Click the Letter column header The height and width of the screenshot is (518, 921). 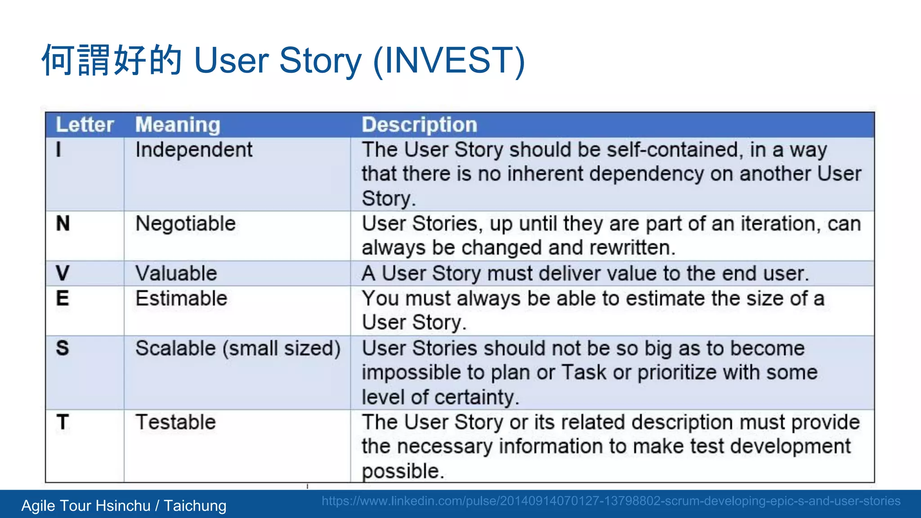[x=85, y=125]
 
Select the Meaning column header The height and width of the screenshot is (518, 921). [x=178, y=125]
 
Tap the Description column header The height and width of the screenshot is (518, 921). [x=419, y=125]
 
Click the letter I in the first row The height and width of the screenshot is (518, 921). [x=58, y=149]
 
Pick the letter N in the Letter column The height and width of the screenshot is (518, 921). [x=63, y=223]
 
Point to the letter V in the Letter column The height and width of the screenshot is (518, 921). [x=63, y=273]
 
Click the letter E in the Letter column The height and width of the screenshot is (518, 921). [x=63, y=298]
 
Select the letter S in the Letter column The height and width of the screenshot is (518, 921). [x=63, y=348]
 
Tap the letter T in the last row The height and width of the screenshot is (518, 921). [x=63, y=422]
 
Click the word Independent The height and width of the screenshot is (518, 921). [x=194, y=150]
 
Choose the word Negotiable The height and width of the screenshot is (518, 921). [x=185, y=223]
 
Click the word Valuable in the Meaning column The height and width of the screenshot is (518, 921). [x=176, y=273]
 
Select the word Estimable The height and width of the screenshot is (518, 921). [x=181, y=299]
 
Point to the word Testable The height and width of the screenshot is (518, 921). [x=175, y=422]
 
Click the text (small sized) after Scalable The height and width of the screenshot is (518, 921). [x=282, y=348]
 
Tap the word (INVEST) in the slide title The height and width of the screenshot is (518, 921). [x=449, y=60]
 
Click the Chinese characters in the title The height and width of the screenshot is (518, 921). [x=112, y=60]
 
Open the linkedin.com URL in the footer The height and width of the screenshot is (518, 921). [x=611, y=501]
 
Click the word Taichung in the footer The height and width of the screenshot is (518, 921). [x=195, y=506]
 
